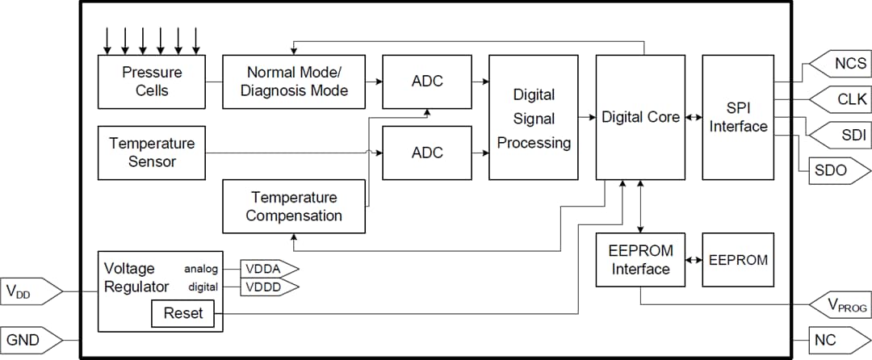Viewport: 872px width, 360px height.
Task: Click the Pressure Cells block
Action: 152,82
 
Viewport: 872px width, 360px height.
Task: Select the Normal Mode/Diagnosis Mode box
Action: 293,82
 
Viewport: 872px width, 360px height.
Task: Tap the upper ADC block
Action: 426,82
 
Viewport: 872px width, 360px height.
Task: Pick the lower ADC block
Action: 426,153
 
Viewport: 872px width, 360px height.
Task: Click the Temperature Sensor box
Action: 152,153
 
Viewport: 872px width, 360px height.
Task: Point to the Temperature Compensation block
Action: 293,207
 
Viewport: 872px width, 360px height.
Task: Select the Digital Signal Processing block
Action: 533,118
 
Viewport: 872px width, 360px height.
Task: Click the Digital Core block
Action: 640,118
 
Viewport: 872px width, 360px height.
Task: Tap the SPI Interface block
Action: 738,118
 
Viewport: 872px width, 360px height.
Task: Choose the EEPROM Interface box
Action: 640,260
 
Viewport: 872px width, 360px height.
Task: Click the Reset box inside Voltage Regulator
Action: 183,313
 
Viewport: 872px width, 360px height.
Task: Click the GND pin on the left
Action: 31,340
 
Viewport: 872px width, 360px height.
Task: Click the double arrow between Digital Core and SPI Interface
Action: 694,118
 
